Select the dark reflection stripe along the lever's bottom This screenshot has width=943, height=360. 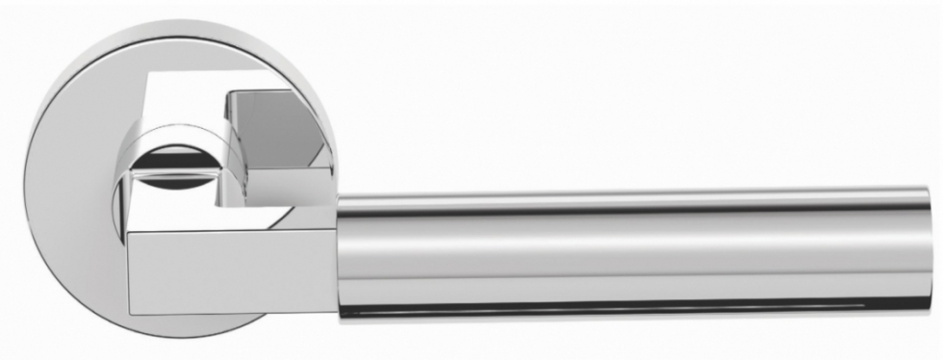[x=635, y=309]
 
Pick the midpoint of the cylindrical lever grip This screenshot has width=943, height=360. [x=635, y=253]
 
